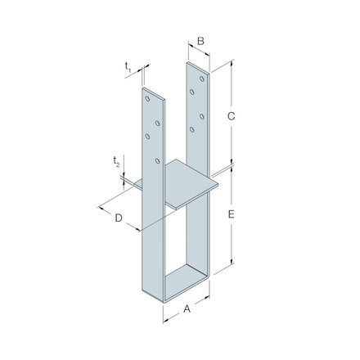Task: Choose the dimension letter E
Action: [x=232, y=214]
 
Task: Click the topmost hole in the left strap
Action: [x=148, y=99]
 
